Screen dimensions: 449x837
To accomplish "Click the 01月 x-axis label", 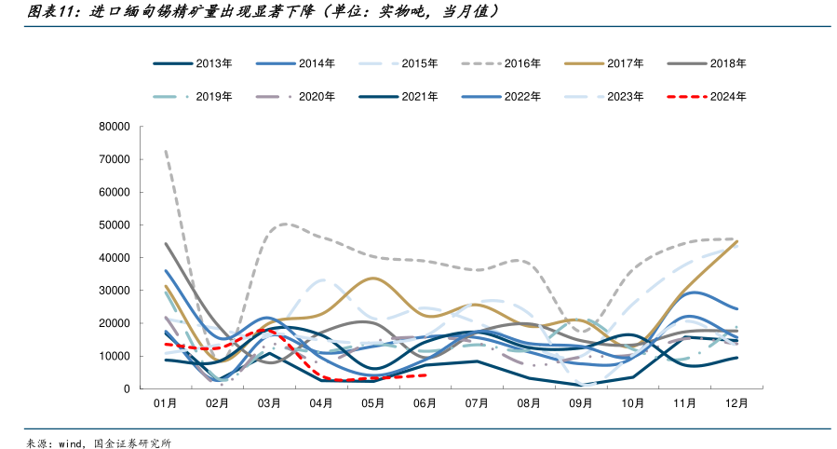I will [x=165, y=403].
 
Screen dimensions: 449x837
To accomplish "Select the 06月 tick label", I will [x=425, y=403].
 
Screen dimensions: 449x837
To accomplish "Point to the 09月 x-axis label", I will [x=581, y=403].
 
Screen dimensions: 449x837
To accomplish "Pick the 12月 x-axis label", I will [x=736, y=403].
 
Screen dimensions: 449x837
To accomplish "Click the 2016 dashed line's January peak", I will [x=165, y=151].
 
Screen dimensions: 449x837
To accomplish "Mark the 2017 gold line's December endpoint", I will [x=736, y=242].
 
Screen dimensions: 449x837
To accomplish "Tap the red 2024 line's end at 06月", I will [x=425, y=375].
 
